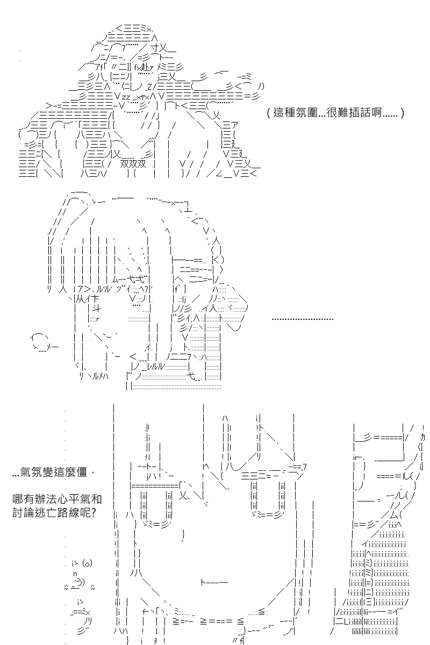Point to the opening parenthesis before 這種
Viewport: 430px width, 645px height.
click(x=268, y=113)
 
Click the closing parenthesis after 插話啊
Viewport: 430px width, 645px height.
click(x=403, y=113)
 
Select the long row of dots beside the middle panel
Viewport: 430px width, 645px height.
click(x=303, y=319)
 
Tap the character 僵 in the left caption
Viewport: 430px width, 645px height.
click(x=82, y=472)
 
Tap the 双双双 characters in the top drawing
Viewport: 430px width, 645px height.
click(x=133, y=164)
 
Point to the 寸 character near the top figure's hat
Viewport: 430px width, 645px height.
click(x=155, y=47)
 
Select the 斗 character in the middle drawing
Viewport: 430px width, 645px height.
click(x=96, y=309)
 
